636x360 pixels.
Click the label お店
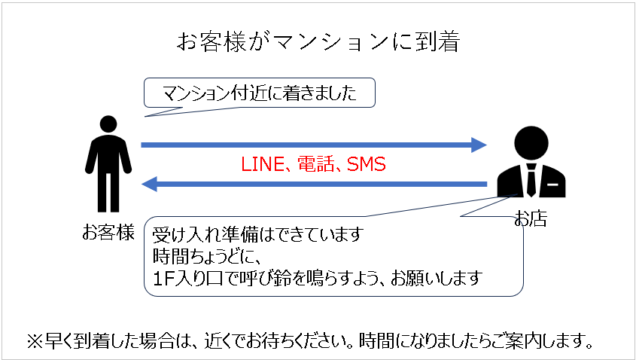tap(530, 219)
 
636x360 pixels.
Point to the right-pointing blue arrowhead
tap(479, 145)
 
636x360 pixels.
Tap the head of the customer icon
tap(108, 124)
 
